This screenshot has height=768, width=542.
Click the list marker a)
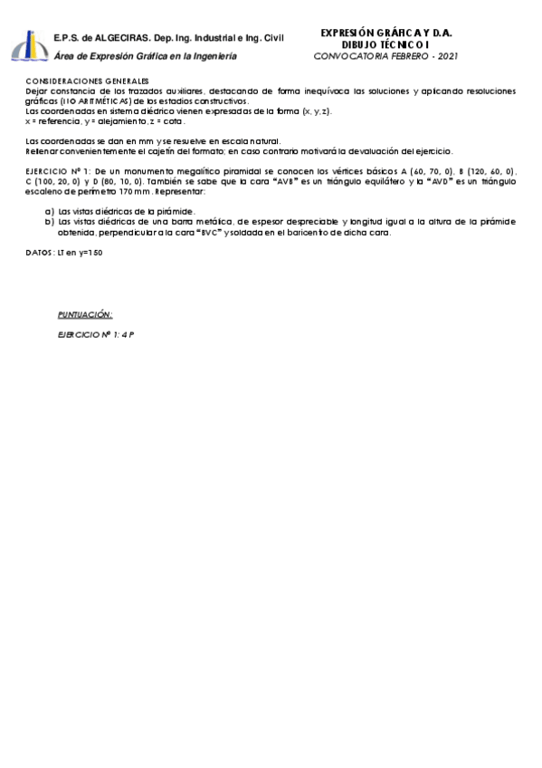pos(49,210)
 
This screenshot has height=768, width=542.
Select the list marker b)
pos(49,220)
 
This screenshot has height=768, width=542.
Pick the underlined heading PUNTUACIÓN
pos(85,313)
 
